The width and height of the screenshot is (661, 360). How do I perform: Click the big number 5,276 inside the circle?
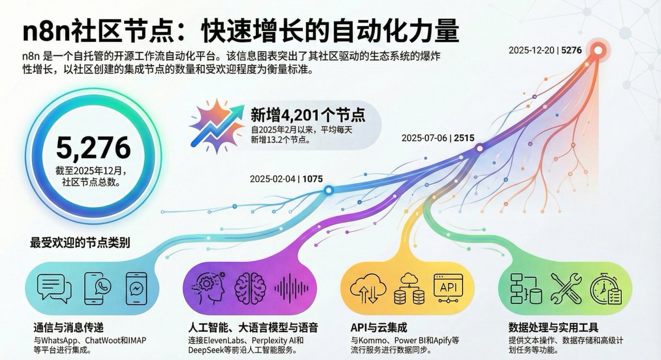93,148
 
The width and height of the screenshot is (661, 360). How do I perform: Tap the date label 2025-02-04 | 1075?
286,179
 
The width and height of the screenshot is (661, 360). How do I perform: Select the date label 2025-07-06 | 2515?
437,138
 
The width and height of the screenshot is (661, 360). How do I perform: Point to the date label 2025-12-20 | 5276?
545,51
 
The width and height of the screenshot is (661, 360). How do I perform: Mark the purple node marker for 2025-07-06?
479,148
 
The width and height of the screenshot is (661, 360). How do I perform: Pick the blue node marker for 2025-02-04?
328,190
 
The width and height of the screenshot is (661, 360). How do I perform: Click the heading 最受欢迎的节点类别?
80,243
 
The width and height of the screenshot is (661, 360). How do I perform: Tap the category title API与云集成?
378,328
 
